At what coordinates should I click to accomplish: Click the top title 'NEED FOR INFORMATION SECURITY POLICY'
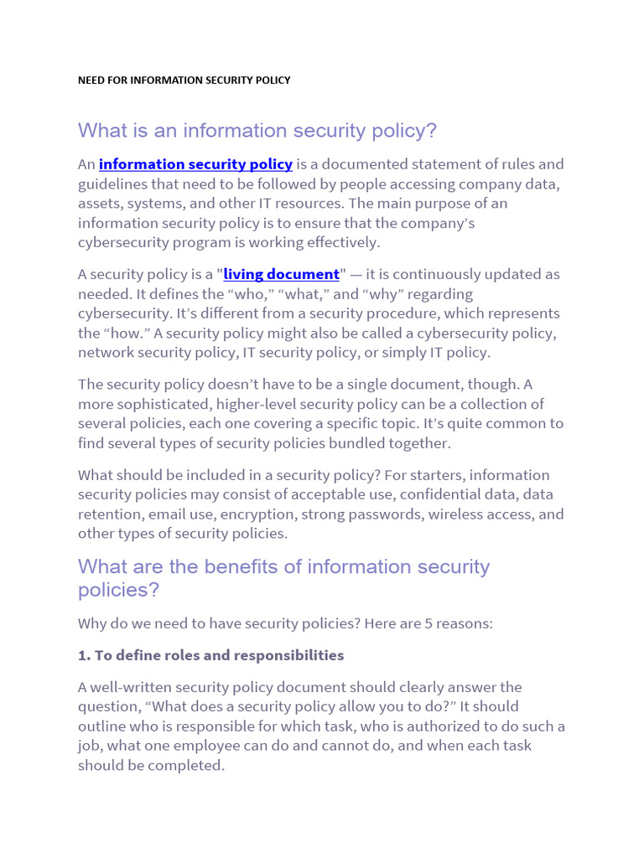click(x=184, y=80)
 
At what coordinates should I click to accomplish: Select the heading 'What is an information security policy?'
click(x=257, y=131)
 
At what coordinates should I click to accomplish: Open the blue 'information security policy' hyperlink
click(x=195, y=164)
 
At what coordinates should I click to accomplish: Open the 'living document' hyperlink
click(x=281, y=274)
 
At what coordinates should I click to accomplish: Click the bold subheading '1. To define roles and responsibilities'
click(x=210, y=655)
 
